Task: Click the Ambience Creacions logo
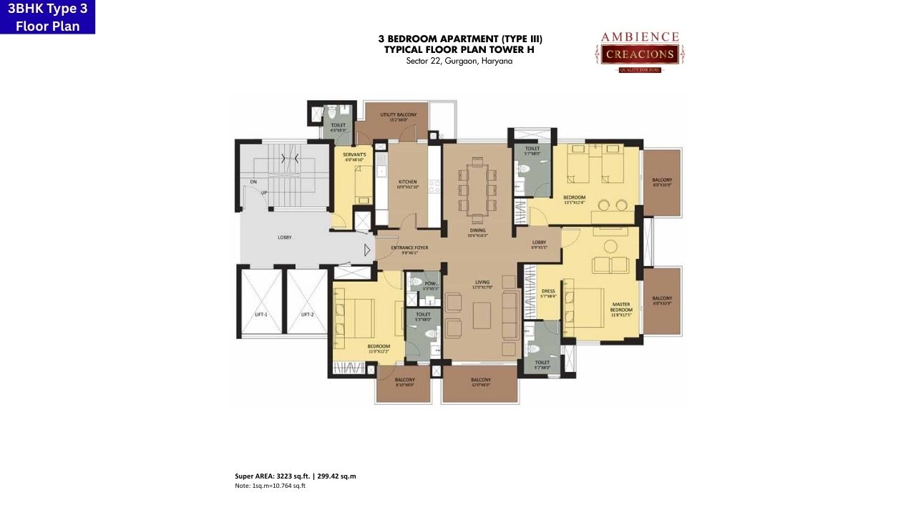pos(639,51)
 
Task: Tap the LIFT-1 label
pos(261,315)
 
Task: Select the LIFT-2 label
pos(308,315)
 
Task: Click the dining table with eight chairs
pos(477,188)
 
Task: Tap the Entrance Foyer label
pos(409,249)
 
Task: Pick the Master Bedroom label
pos(620,308)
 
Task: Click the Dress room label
pos(548,293)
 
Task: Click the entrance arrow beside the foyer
pos(368,250)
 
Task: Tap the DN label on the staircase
pos(253,182)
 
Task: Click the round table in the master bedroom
pos(610,246)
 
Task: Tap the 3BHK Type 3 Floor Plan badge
pos(47,17)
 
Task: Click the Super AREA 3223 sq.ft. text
pos(295,476)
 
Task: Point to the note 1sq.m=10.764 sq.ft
pos(270,486)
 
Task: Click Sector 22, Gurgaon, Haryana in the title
pos(459,62)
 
